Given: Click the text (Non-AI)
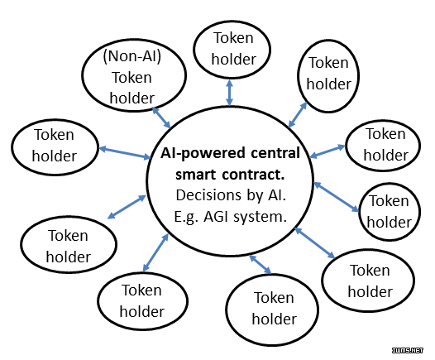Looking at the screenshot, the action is coord(132,56).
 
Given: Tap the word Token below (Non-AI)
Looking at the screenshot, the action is coord(131,78).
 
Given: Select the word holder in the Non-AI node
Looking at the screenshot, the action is coord(132,98).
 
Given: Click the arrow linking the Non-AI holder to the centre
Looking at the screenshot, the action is coord(161,118).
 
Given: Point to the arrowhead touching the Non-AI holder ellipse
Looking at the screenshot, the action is coord(155,110).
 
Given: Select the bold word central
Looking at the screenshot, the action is coord(275,153).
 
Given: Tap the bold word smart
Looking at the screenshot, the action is coord(195,175).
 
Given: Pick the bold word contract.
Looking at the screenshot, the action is coord(254,175).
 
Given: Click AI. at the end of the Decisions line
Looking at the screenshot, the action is coord(277,195).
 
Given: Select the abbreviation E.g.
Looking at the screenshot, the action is coord(186,217).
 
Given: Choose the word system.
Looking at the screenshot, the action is coord(260,217).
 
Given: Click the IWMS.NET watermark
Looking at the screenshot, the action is coord(408,350).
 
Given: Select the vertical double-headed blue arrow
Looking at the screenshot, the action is coord(229,93).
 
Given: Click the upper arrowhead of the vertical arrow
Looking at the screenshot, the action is coord(229,83).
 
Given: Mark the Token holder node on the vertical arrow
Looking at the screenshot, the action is coord(232,50).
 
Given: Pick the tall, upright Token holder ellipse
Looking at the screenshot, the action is coord(328,76).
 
